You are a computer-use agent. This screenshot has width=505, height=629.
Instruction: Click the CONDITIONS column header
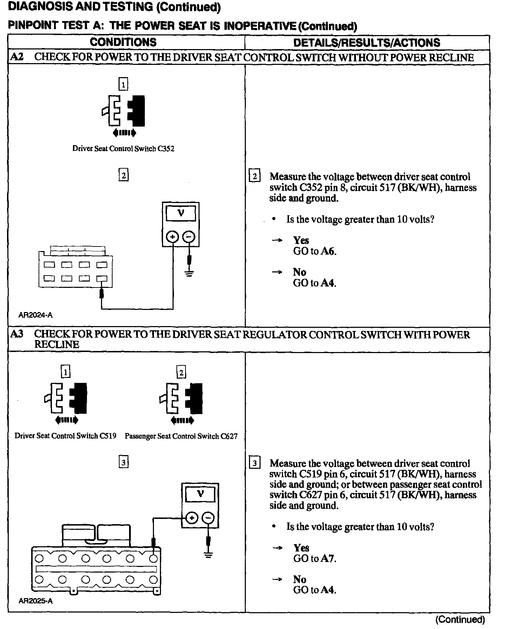coord(123,42)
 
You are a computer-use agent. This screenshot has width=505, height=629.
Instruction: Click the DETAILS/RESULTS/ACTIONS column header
coord(366,43)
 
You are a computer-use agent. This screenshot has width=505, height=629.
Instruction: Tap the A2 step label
coord(16,57)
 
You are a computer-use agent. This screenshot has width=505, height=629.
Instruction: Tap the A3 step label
coord(16,334)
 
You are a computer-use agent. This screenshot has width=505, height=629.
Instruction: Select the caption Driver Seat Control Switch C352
coord(123,149)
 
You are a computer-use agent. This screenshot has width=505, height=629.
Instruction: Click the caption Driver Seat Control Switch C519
coord(65,436)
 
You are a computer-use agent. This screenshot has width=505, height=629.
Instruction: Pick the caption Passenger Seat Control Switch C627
coord(181,437)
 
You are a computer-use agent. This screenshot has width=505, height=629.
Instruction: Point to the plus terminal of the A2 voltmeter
coord(172,237)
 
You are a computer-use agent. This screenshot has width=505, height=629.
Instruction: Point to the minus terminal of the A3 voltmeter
coord(208,518)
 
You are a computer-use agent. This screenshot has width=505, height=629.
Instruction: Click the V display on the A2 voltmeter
coord(181,213)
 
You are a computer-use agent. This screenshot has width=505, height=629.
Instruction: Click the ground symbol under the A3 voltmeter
coord(208,555)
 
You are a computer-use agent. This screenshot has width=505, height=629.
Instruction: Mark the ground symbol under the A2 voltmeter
coord(189,273)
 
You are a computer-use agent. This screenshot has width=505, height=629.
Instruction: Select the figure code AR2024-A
coord(35,315)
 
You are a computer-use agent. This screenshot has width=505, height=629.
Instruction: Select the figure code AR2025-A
coord(35,601)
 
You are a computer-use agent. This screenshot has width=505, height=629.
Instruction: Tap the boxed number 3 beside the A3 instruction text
coord(255,463)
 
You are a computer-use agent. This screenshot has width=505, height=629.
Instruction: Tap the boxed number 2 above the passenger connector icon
coord(181,372)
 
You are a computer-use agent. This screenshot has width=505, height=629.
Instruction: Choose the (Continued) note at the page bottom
coord(460,620)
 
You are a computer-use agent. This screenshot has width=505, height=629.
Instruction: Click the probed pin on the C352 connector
coord(102,279)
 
